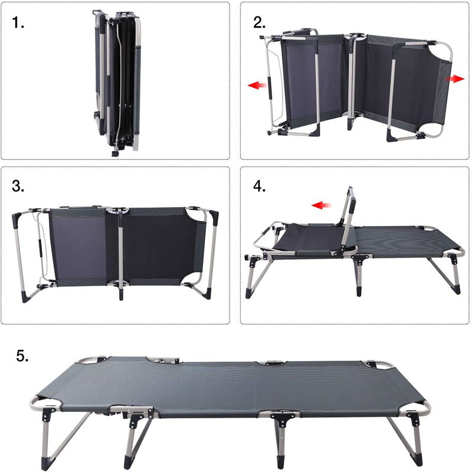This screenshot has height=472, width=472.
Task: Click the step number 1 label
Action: [x=18, y=22]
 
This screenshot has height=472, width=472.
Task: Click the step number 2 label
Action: [x=259, y=22]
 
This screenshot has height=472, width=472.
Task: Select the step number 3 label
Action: [x=18, y=186]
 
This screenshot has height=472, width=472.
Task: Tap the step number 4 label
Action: [x=259, y=186]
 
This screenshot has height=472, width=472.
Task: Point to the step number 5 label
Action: [x=22, y=356]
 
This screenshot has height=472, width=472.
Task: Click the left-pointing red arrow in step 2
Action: [x=257, y=86]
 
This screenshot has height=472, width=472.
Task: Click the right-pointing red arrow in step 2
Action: [x=454, y=79]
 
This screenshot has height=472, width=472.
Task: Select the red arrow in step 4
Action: [x=322, y=205]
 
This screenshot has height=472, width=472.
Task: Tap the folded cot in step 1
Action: [x=117, y=83]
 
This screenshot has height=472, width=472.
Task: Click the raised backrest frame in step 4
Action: [x=348, y=221]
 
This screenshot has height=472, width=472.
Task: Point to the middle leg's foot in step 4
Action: [x=358, y=291]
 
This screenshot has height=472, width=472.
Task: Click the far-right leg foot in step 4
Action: [x=457, y=290]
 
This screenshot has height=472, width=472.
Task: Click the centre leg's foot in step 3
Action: [x=121, y=294]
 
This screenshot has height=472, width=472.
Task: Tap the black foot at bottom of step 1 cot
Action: [x=114, y=153]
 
